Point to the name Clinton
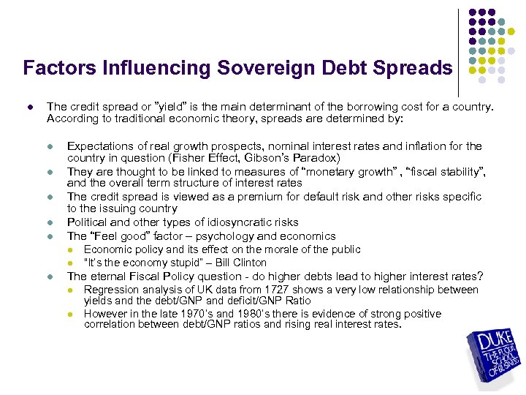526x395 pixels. (x=250, y=263)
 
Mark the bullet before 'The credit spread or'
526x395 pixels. (x=29, y=107)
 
